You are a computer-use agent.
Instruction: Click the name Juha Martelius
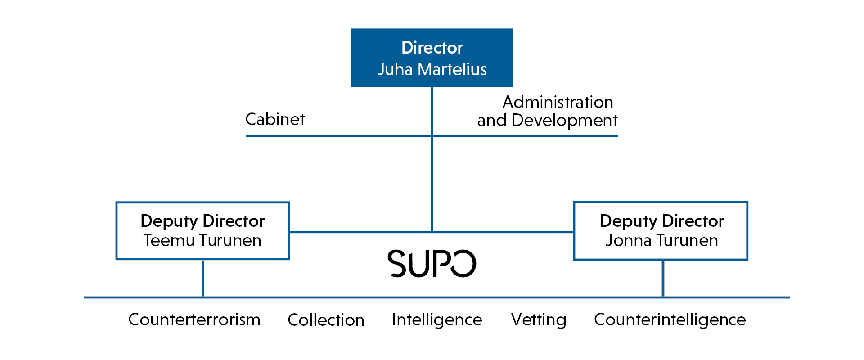pos(432,69)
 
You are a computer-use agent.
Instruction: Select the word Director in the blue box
pos(432,48)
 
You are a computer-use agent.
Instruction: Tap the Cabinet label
pos(275,119)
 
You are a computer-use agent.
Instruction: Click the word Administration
pos(558,102)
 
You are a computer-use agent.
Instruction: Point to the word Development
pos(564,121)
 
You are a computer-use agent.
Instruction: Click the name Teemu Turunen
pos(202,240)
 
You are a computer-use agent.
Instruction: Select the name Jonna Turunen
pos(661,240)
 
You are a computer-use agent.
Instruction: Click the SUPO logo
pos(432,264)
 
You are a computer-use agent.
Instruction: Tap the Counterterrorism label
pos(194,319)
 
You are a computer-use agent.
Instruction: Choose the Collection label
pos(326,320)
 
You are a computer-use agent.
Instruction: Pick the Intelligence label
pos(437,320)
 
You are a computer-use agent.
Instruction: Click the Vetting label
pos(539,320)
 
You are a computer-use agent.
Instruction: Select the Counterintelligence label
pos(670,320)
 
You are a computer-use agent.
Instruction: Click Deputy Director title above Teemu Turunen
pos(202,221)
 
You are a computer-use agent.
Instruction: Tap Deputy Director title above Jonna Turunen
pos(662,221)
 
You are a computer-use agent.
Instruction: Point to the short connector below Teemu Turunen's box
pos(203,278)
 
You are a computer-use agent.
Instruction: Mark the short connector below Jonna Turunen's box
pos(663,278)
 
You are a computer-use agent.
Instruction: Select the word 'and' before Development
pos(492,121)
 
